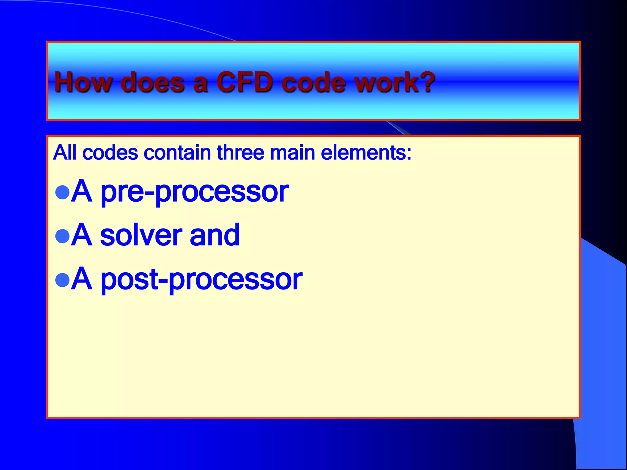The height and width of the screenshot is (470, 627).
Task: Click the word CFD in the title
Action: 245,82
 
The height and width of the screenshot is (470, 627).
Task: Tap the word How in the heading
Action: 83,82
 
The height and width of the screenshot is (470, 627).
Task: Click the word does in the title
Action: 153,82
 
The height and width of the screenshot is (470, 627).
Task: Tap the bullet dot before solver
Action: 62,236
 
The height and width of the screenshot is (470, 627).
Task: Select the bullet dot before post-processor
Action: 62,280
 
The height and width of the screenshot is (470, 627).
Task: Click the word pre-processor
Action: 194,192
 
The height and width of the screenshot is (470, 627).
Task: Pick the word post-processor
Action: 201,279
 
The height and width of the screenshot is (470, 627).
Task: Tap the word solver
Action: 141,235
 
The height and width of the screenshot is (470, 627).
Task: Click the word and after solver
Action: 215,235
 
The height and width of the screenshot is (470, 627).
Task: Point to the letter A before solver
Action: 81,235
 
